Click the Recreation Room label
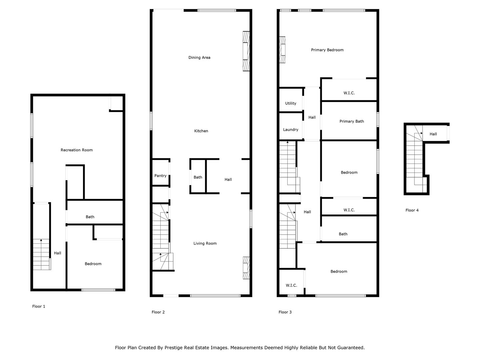pos(77,150)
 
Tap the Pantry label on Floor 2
pos(160,176)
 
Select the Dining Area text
pos(199,58)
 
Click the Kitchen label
pos(201,131)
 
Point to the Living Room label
pos(205,243)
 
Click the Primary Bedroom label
pos(327,50)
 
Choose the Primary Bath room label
pos(352,121)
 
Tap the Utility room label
pos(291,103)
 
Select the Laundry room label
pos(291,130)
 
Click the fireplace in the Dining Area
pos(246,51)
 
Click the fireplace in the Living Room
pos(246,268)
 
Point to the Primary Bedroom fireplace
pos(283,50)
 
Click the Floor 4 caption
pos(412,210)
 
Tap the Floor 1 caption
pos(39,306)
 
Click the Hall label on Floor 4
pos(433,134)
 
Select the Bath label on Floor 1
pos(90,217)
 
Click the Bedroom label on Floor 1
pos(93,264)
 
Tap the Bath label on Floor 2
pos(198,177)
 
